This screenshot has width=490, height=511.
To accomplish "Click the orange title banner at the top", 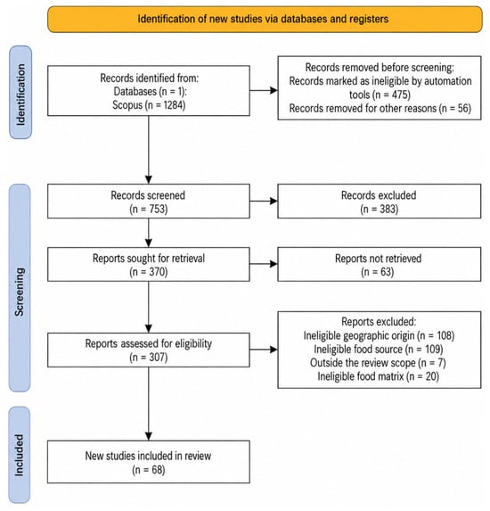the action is coord(265,19).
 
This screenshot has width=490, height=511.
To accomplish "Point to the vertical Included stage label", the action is coord(20,455).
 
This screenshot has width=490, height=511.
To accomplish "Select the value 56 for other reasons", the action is coord(463,108).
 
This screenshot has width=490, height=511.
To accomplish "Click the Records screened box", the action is coord(149,201).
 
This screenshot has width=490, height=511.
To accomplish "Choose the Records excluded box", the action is coord(380,201).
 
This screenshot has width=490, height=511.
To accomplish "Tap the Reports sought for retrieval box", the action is coord(149,264).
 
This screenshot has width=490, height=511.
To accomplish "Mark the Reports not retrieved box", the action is coord(380,264).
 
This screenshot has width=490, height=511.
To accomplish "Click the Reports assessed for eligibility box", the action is coord(149,350).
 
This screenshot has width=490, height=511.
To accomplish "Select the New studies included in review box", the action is coord(149,462).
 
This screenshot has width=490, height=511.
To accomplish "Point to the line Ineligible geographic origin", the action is coord(379,335).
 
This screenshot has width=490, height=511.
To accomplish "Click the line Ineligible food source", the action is coord(379,350).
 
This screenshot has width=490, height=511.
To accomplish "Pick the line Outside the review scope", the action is coord(378,363).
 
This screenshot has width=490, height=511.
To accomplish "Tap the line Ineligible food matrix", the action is coord(379,376).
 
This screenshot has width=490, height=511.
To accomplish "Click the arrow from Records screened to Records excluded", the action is coord(264,201).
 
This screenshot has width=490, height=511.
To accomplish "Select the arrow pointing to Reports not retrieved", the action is coord(264,264).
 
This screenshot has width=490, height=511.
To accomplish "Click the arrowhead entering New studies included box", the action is coord(149,436).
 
